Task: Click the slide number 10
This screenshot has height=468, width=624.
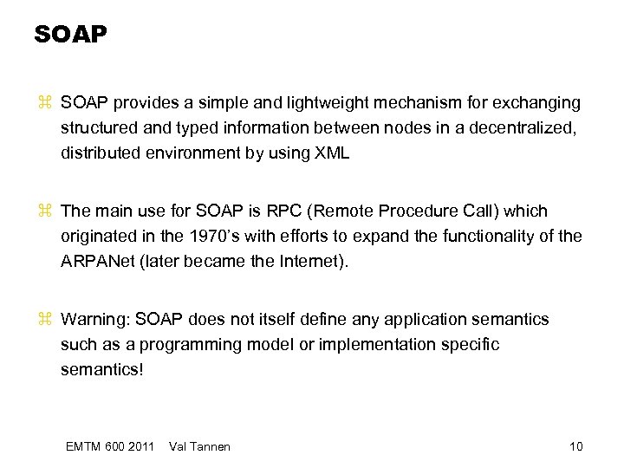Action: click(x=575, y=446)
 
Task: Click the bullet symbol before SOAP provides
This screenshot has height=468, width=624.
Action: click(x=46, y=104)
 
